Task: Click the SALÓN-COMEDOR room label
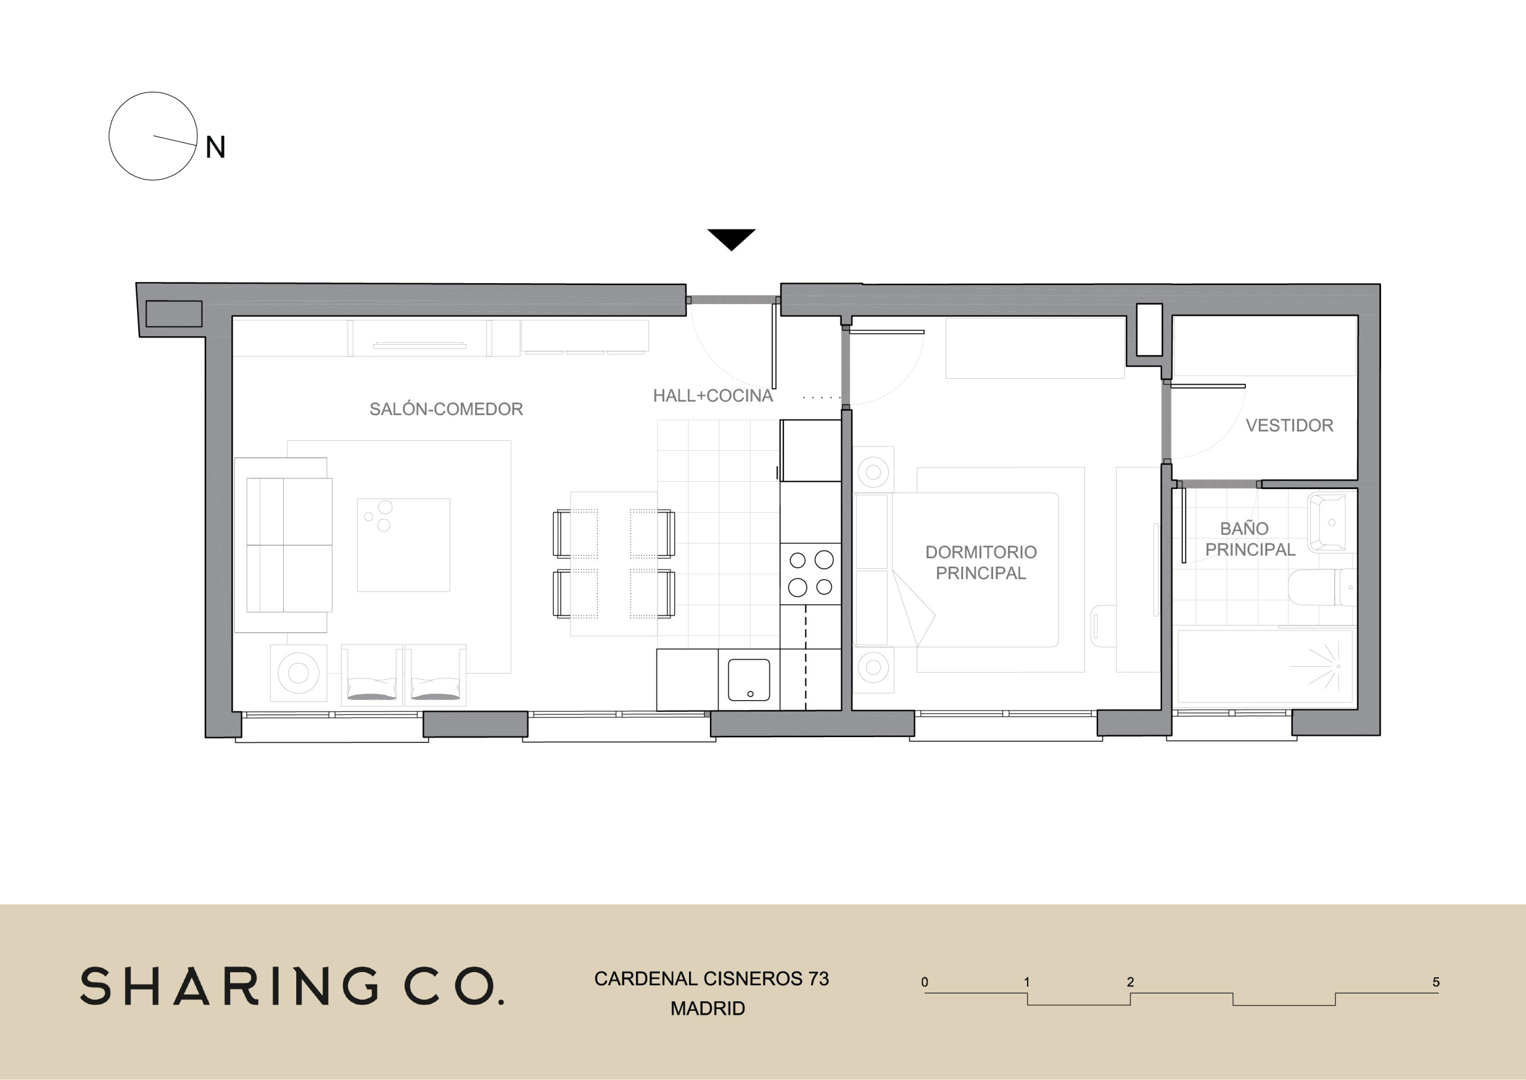click(x=446, y=409)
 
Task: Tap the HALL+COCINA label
click(x=712, y=396)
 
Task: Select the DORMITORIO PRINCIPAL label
click(x=981, y=562)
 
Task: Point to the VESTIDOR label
click(x=1289, y=426)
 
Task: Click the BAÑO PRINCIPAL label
click(x=1250, y=539)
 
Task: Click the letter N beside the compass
click(x=215, y=147)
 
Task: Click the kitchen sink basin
click(x=749, y=680)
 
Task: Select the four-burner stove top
click(x=810, y=573)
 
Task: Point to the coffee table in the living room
click(x=404, y=544)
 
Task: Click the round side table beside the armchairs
click(x=299, y=673)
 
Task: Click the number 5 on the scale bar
click(x=1435, y=982)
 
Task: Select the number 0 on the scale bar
click(x=925, y=982)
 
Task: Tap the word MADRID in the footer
click(x=707, y=1008)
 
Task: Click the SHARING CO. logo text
click(x=293, y=986)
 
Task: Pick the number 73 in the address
click(x=818, y=978)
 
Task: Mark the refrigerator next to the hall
click(x=810, y=450)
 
